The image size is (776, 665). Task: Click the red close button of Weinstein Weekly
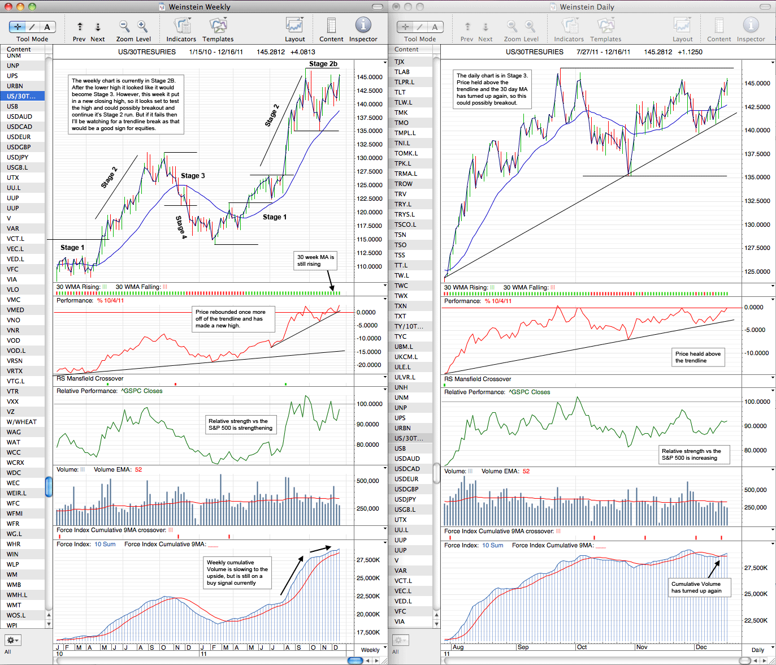tap(8, 6)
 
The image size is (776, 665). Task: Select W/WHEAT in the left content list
tap(22, 422)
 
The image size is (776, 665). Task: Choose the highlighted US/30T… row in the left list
tap(22, 96)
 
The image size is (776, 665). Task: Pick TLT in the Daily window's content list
tap(400, 92)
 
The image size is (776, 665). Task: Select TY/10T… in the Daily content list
tap(409, 326)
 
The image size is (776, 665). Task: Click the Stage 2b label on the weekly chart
tap(323, 64)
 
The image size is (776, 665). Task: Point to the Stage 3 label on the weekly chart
tap(193, 176)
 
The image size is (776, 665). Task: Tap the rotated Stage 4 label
tap(181, 227)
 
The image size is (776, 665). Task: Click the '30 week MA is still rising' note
tap(315, 260)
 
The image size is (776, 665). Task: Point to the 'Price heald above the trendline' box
tap(698, 357)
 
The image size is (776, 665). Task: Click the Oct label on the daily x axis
tap(582, 647)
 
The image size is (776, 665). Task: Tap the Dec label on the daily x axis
tap(701, 647)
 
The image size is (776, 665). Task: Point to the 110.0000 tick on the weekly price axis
tap(370, 266)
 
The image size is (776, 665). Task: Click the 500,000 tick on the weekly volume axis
tap(368, 481)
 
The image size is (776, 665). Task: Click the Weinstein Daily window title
tap(587, 7)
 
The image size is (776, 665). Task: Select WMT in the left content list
tap(14, 605)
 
